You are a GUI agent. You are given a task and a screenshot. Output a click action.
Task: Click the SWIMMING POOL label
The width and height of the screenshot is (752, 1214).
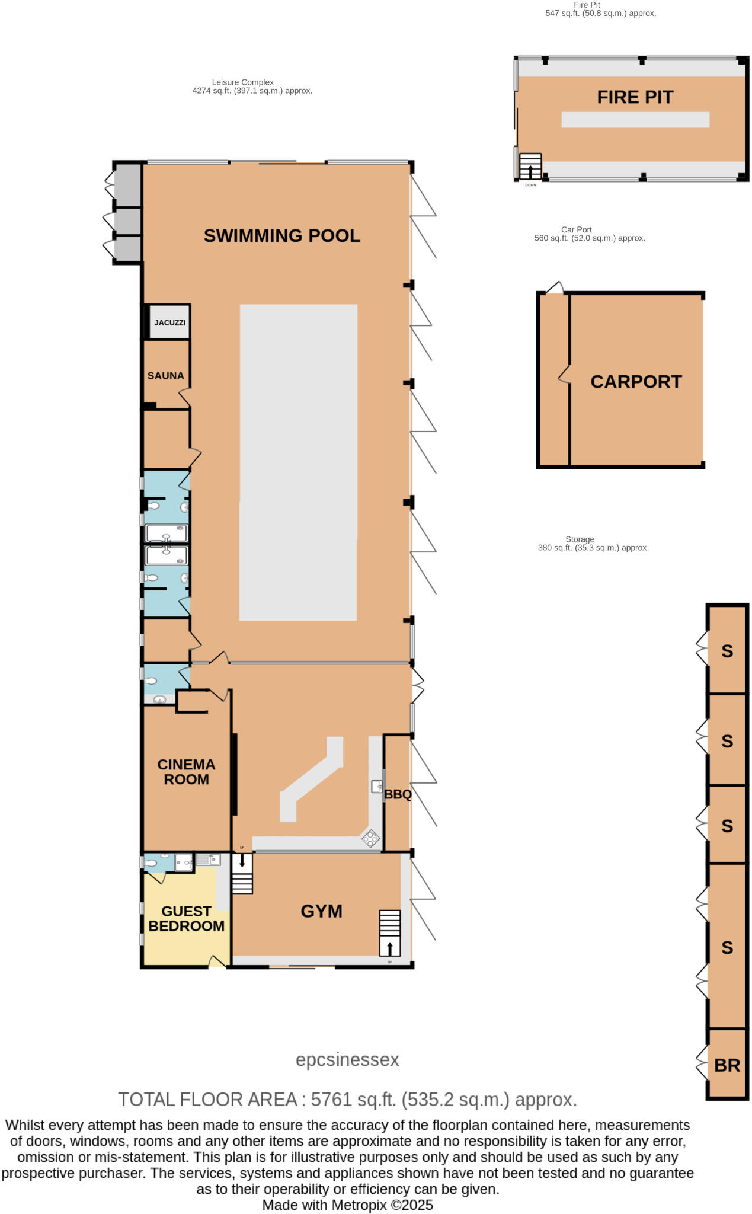click(281, 235)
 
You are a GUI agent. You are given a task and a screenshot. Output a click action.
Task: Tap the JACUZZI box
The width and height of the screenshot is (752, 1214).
click(169, 322)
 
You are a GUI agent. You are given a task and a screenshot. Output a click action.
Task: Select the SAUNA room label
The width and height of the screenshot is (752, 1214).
click(165, 375)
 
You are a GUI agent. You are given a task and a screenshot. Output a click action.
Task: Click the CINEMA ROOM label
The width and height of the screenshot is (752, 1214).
click(186, 772)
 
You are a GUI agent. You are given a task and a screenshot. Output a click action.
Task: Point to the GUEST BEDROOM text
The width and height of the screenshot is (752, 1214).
click(186, 918)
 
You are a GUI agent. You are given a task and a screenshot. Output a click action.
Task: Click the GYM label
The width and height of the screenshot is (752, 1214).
click(321, 911)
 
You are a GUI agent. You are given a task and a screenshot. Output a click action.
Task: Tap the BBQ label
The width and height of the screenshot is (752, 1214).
click(398, 794)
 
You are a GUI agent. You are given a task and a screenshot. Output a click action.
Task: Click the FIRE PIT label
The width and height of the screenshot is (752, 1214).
click(635, 97)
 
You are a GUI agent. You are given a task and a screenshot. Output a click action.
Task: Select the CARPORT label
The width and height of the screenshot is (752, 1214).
click(636, 381)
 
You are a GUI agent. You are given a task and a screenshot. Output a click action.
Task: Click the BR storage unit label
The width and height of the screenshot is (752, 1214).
click(727, 1065)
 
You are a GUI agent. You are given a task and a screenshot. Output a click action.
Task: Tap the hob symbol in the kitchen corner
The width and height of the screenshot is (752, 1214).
click(371, 838)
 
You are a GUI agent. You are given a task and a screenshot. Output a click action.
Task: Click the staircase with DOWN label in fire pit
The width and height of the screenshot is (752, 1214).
click(530, 167)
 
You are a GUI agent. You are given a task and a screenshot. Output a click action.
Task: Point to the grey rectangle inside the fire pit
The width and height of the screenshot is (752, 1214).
click(635, 120)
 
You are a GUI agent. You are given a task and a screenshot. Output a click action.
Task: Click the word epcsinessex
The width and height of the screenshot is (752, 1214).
click(347, 1059)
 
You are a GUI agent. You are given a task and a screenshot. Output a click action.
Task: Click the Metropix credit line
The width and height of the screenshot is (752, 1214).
click(347, 1205)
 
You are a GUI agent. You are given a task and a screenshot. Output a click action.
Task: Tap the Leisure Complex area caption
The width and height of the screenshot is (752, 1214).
click(252, 87)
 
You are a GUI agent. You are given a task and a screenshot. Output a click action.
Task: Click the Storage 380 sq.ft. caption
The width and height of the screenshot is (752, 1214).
click(593, 544)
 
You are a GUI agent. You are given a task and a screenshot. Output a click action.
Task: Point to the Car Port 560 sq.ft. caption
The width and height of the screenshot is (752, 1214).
click(590, 234)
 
